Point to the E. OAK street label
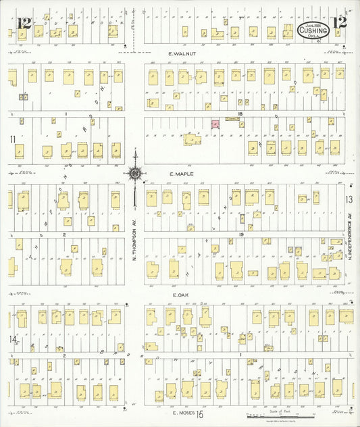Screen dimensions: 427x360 [180, 295]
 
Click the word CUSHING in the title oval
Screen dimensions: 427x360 [313, 30]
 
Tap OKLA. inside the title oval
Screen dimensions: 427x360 [314, 36]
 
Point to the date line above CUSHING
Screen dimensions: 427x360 [313, 24]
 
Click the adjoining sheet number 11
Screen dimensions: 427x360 [12, 139]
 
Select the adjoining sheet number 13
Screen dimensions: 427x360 [349, 199]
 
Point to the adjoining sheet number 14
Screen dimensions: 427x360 [12, 338]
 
